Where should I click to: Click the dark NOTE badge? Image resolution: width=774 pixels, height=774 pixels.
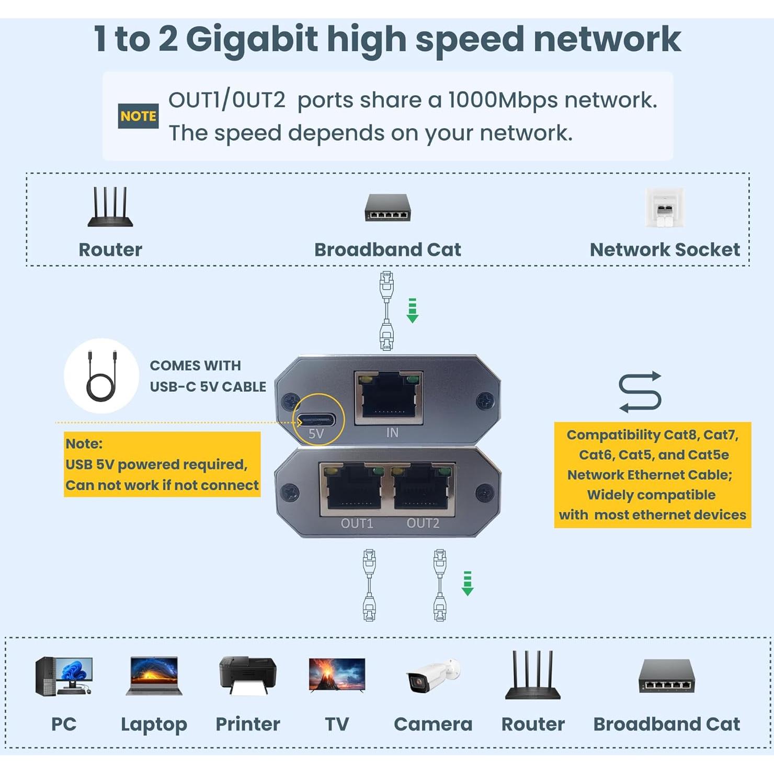click(x=138, y=116)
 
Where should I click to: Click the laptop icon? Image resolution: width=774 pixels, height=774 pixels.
click(x=154, y=676)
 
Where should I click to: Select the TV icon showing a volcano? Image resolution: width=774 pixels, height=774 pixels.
click(x=337, y=675)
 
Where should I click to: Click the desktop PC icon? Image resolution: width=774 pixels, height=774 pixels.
click(x=64, y=676)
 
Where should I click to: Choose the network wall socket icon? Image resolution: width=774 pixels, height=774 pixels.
click(x=664, y=208)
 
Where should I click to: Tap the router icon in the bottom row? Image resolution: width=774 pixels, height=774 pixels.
click(x=532, y=676)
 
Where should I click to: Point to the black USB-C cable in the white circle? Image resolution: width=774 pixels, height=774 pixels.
click(x=101, y=376)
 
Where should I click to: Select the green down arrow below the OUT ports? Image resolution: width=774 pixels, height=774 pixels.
click(x=468, y=583)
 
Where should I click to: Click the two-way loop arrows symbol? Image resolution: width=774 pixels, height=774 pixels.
click(x=640, y=392)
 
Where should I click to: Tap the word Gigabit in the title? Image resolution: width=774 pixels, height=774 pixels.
click(x=252, y=39)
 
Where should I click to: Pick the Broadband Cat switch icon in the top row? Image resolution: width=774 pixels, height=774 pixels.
click(x=388, y=208)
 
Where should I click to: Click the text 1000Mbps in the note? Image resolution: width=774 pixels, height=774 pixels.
click(x=502, y=100)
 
